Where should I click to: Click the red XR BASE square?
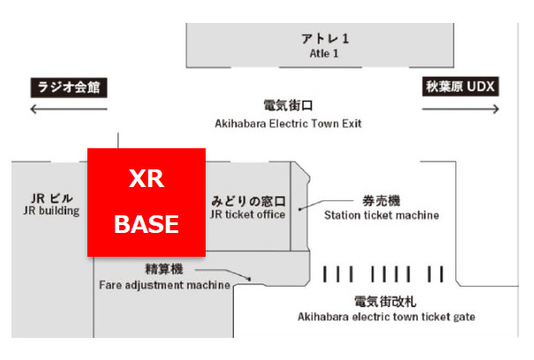(x=147, y=202)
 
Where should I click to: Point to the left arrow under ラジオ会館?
(x=69, y=109)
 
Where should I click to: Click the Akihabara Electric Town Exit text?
(x=288, y=124)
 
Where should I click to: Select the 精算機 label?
(x=163, y=269)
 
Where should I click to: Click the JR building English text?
(x=52, y=212)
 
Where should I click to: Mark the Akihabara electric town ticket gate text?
(x=386, y=316)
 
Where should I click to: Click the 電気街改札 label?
(x=386, y=300)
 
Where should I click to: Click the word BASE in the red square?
(x=147, y=224)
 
